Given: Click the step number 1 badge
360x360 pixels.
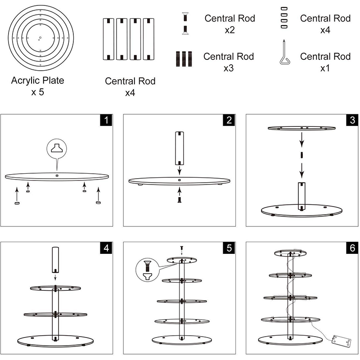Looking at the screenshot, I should point(106,120).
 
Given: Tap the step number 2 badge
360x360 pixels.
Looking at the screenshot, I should point(229,120).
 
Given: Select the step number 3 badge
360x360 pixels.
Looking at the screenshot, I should point(351,120).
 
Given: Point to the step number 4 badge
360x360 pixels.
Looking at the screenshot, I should point(106,248).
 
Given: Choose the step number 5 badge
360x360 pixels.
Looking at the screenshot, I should point(229,248).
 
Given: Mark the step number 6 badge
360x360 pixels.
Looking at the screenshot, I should point(351,248).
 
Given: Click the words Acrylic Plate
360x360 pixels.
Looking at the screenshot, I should point(38,81).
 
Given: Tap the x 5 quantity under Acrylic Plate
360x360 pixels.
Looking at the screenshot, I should point(38,93).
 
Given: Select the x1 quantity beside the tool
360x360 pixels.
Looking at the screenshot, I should point(325,68).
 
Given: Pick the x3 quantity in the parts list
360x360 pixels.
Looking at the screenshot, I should point(228,68).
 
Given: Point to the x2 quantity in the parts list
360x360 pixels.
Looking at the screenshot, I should point(229,30).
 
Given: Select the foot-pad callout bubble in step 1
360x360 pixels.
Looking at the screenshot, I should point(57,148).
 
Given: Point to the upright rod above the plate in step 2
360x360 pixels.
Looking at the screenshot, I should point(179,148).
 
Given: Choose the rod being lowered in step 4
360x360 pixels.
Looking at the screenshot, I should point(55,260).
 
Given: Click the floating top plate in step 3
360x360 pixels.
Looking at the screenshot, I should point(302,129).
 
